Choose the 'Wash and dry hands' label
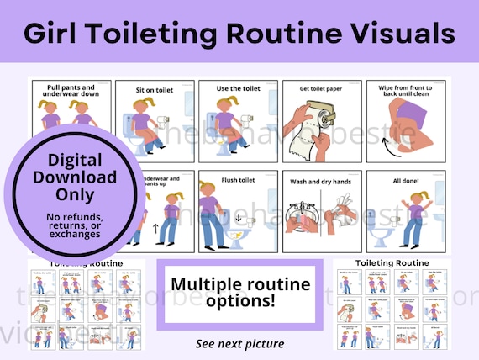click(319, 179)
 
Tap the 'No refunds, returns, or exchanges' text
click(71, 224)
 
